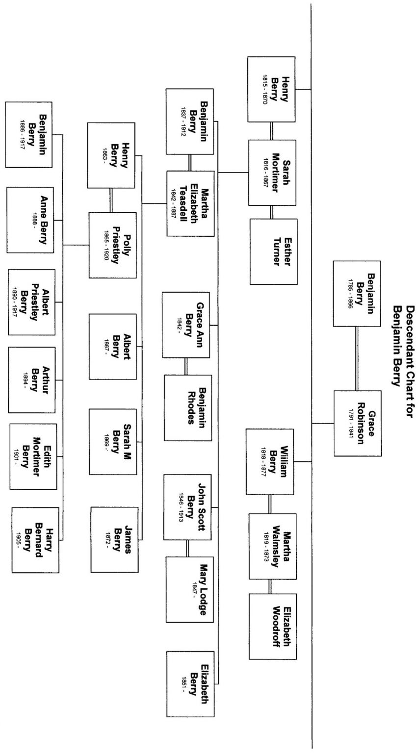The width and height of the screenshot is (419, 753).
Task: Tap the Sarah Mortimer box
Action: [x=272, y=173]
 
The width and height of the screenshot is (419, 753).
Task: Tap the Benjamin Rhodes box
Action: [x=188, y=407]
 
